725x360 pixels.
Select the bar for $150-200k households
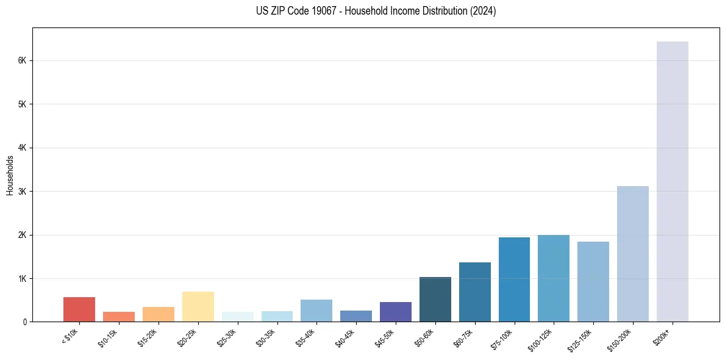632,254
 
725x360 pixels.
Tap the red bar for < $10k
79,309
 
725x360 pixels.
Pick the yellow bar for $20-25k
198,306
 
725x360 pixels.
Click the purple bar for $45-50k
395,312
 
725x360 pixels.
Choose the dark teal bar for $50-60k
435,299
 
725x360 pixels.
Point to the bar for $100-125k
553,278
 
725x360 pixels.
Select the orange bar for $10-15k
119,317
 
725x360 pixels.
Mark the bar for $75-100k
514,279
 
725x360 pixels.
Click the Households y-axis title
10,175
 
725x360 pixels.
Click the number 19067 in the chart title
320,11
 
